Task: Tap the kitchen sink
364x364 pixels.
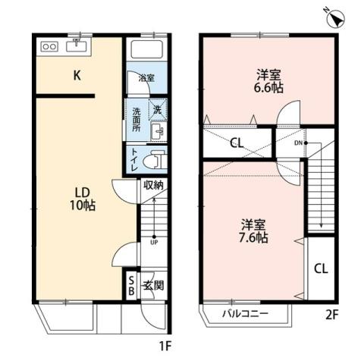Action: click(x=77, y=46)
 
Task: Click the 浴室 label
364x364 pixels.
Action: click(x=146, y=78)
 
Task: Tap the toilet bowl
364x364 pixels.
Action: click(x=156, y=160)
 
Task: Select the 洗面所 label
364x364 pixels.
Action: click(x=137, y=120)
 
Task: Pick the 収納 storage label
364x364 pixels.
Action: click(x=153, y=184)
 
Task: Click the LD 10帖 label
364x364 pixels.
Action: click(x=81, y=198)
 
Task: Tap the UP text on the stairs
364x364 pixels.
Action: click(x=153, y=243)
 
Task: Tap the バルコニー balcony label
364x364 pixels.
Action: click(x=244, y=312)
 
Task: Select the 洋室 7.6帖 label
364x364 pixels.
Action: click(x=253, y=231)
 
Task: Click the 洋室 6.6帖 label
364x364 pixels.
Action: click(x=268, y=80)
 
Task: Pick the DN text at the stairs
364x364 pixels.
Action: click(x=300, y=143)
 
